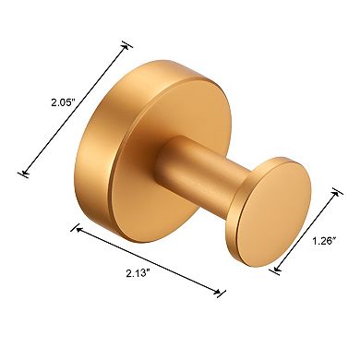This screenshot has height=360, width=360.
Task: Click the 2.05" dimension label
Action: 37,105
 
